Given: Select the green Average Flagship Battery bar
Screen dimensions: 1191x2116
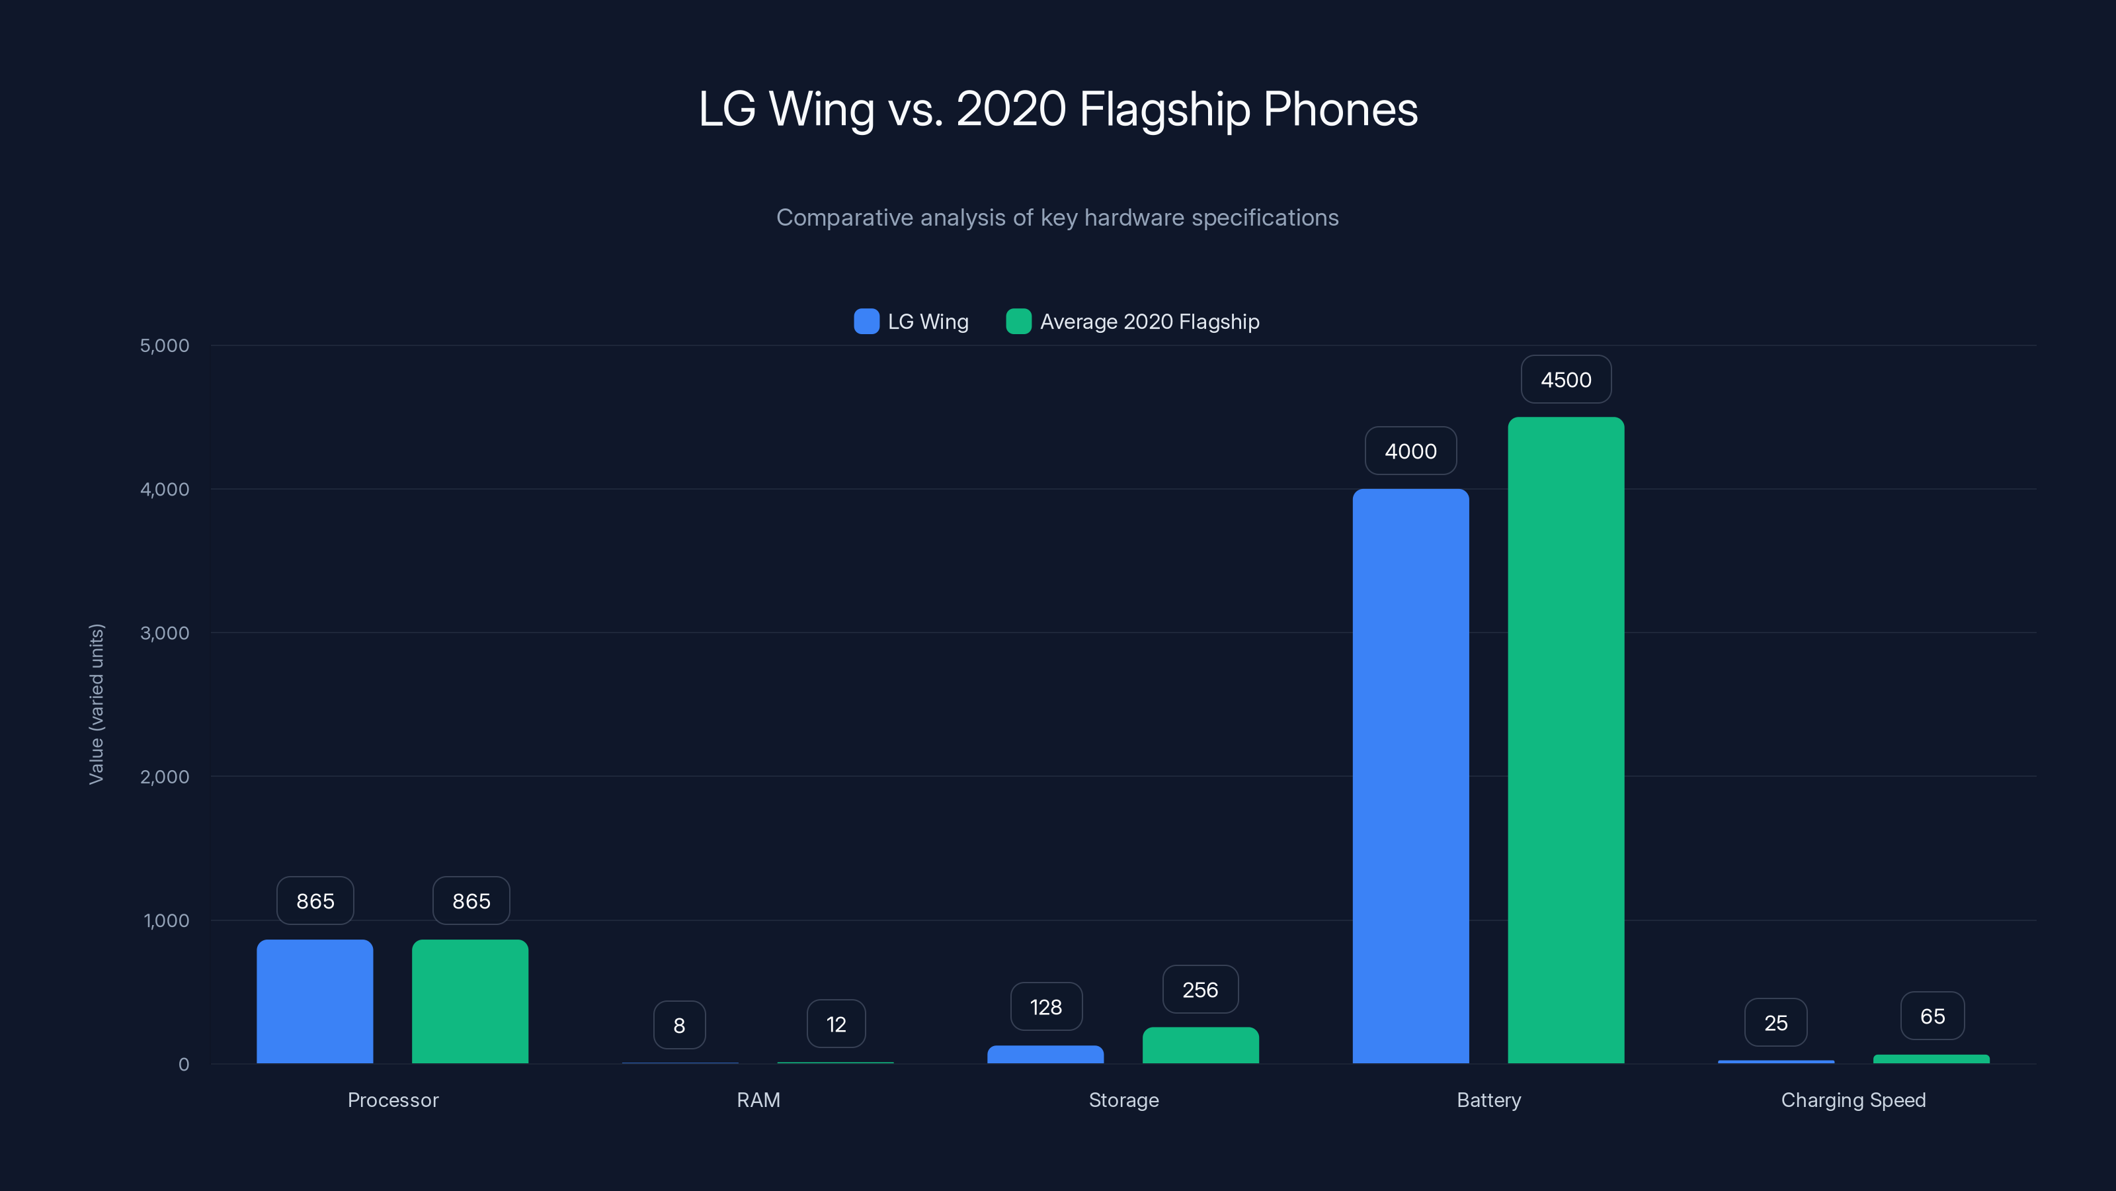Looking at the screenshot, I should coord(1566,740).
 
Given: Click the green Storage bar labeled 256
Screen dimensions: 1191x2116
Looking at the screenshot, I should coord(1200,1045).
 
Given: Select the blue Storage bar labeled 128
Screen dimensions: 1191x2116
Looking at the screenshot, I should coord(1045,1054).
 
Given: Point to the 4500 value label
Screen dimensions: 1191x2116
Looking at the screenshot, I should coord(1566,380).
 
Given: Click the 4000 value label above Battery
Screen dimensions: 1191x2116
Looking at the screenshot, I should coord(1410,451).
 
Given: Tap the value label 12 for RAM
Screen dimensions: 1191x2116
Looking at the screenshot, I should coord(836,1024).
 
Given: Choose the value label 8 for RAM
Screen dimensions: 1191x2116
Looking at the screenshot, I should coord(679,1025).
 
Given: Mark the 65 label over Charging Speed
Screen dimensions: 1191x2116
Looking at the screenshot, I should coord(1932,1017).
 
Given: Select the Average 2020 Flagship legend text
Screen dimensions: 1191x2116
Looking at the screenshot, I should coord(1149,322).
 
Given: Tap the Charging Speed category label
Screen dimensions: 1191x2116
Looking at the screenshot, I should coord(1853,1100).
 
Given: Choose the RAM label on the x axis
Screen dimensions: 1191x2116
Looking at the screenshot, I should coord(758,1100).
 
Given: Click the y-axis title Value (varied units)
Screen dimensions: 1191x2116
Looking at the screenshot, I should coord(96,705).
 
